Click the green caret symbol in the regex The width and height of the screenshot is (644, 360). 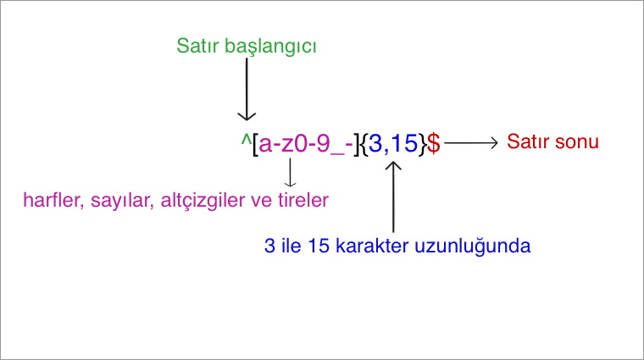tap(246, 141)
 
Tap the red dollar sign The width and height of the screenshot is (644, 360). tap(433, 143)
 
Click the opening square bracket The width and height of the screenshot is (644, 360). tap(255, 144)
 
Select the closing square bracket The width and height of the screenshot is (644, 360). tap(357, 144)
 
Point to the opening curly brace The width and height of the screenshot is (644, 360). tap(364, 144)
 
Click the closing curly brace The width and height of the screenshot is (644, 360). tap(422, 144)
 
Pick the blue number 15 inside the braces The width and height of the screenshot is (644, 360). tap(404, 143)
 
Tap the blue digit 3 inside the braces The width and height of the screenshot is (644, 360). tap(375, 143)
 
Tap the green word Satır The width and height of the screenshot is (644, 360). tap(197, 46)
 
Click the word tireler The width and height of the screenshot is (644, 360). tap(303, 200)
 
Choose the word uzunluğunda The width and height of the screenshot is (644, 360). tap(472, 246)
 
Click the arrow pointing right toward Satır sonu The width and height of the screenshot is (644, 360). tap(471, 143)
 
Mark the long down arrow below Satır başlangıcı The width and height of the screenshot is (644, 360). tap(247, 90)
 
